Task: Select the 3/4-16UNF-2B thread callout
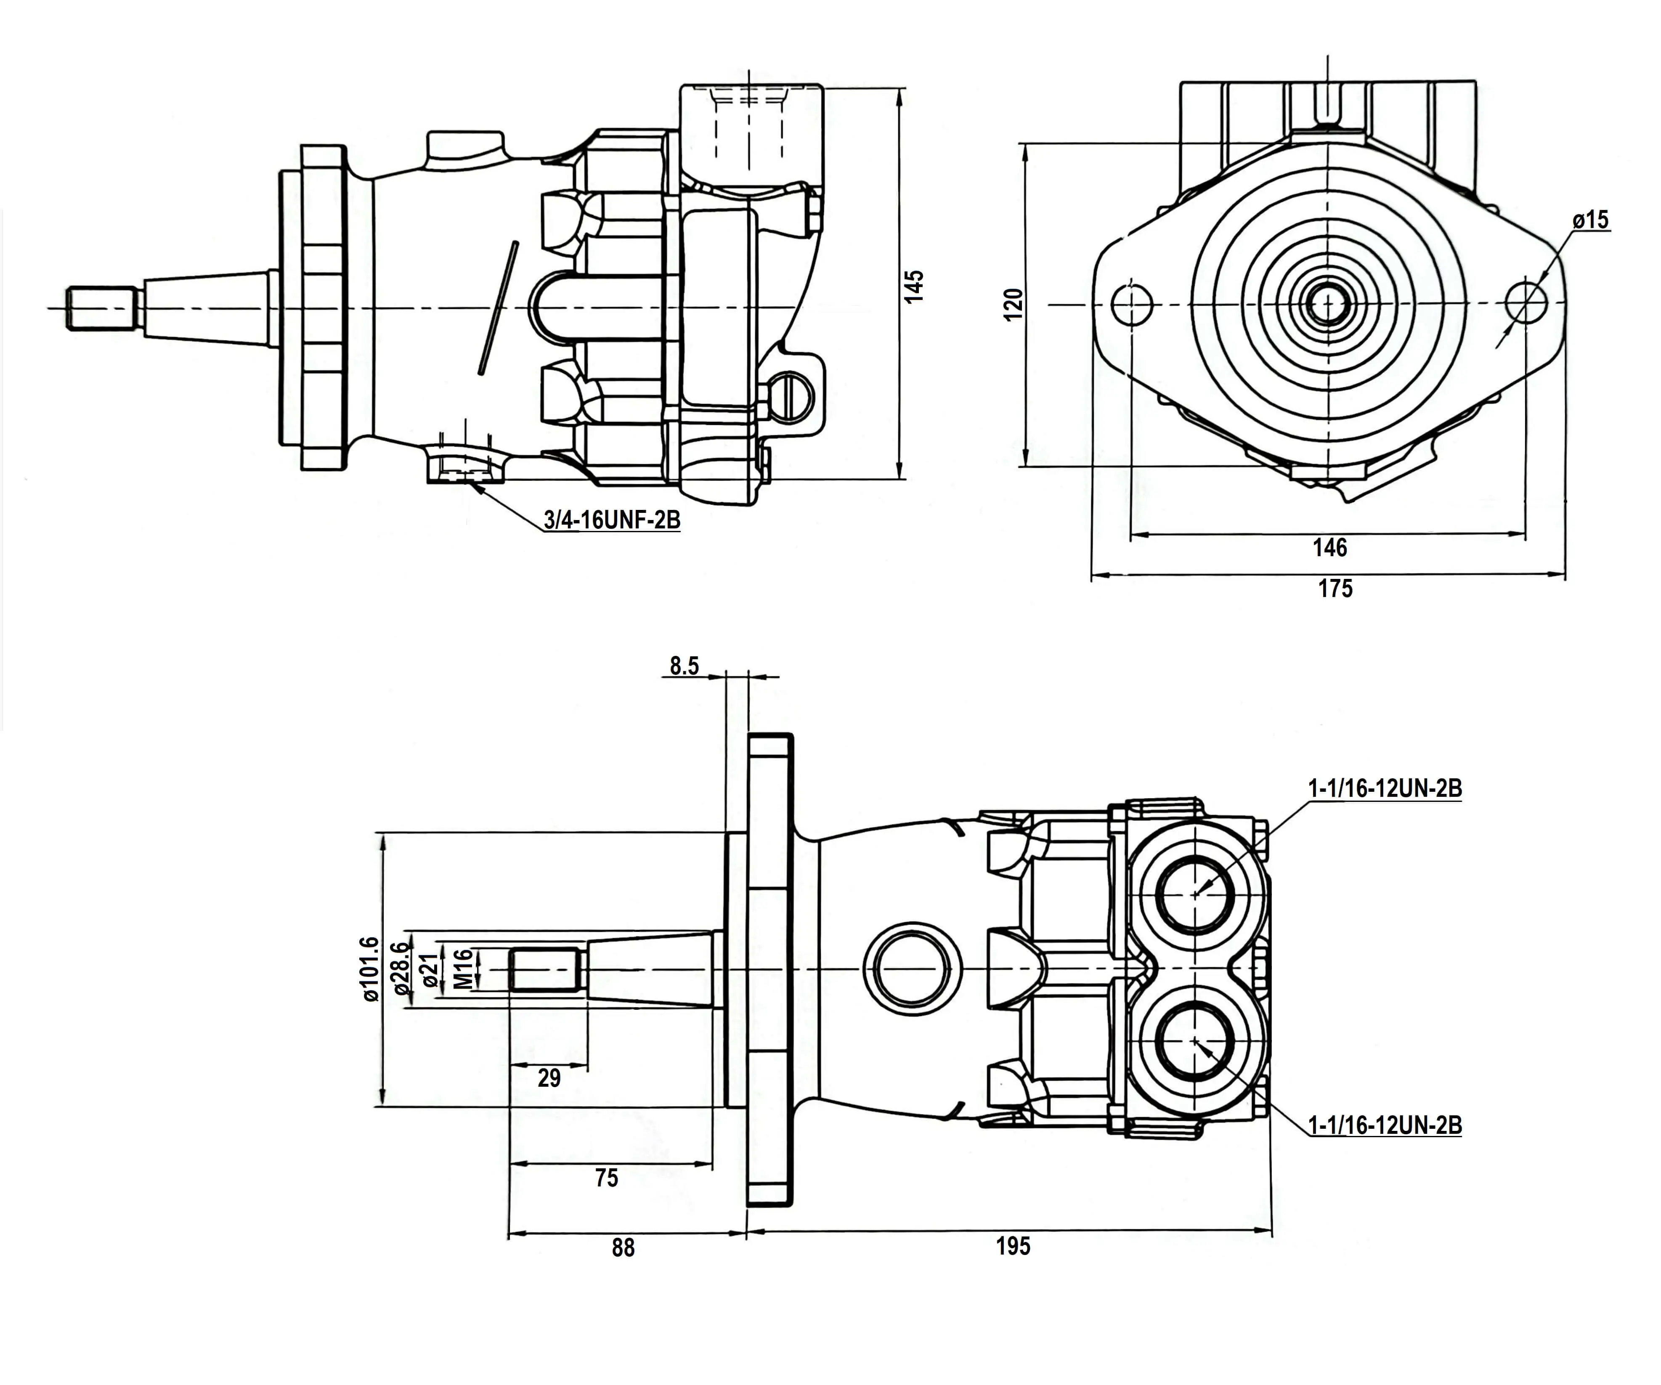pos(611,520)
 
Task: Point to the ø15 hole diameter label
pos(1591,220)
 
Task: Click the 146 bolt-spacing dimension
pos(1329,547)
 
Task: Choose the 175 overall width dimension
pos(1335,589)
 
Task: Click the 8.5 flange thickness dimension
pos(684,666)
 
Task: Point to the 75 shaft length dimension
pos(607,1178)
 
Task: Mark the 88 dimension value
pos(623,1247)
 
